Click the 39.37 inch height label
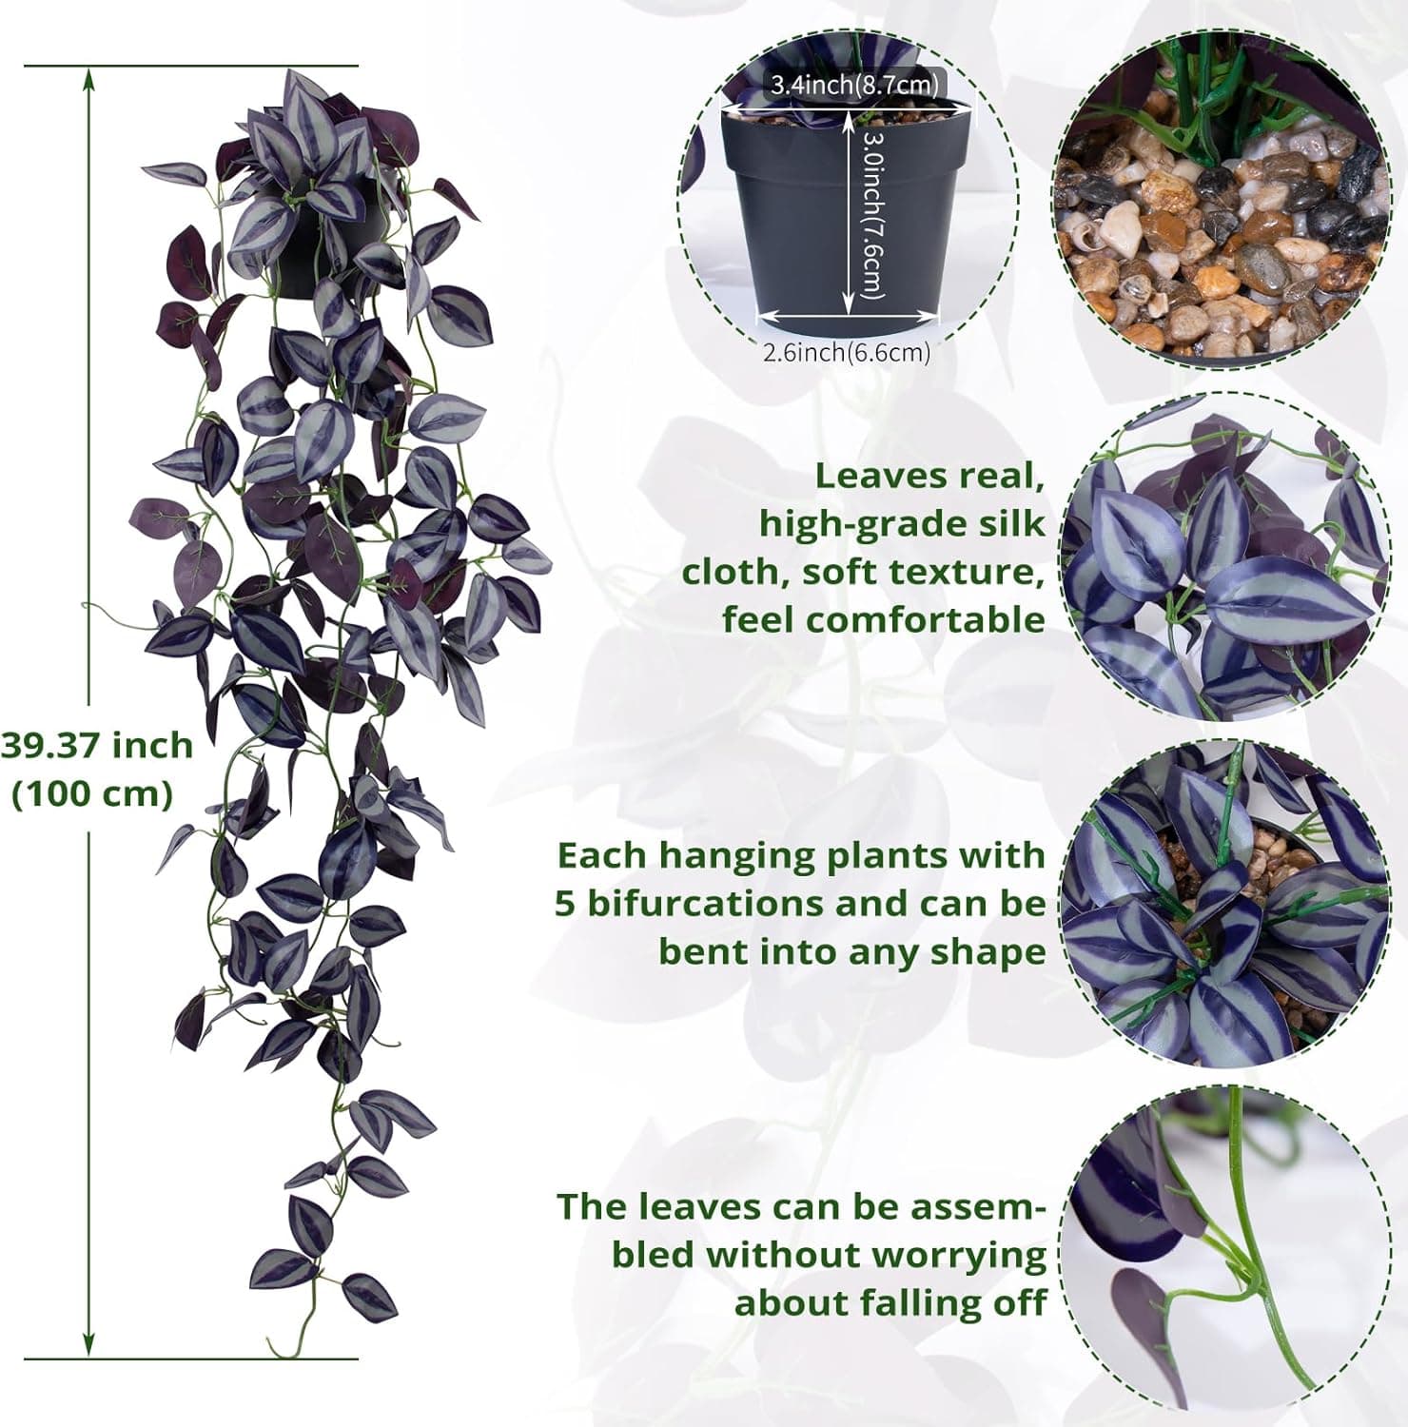(x=96, y=745)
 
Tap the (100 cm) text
(x=92, y=793)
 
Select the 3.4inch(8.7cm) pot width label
(x=854, y=85)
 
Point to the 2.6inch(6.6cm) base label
(x=846, y=353)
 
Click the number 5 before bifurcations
(x=565, y=903)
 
